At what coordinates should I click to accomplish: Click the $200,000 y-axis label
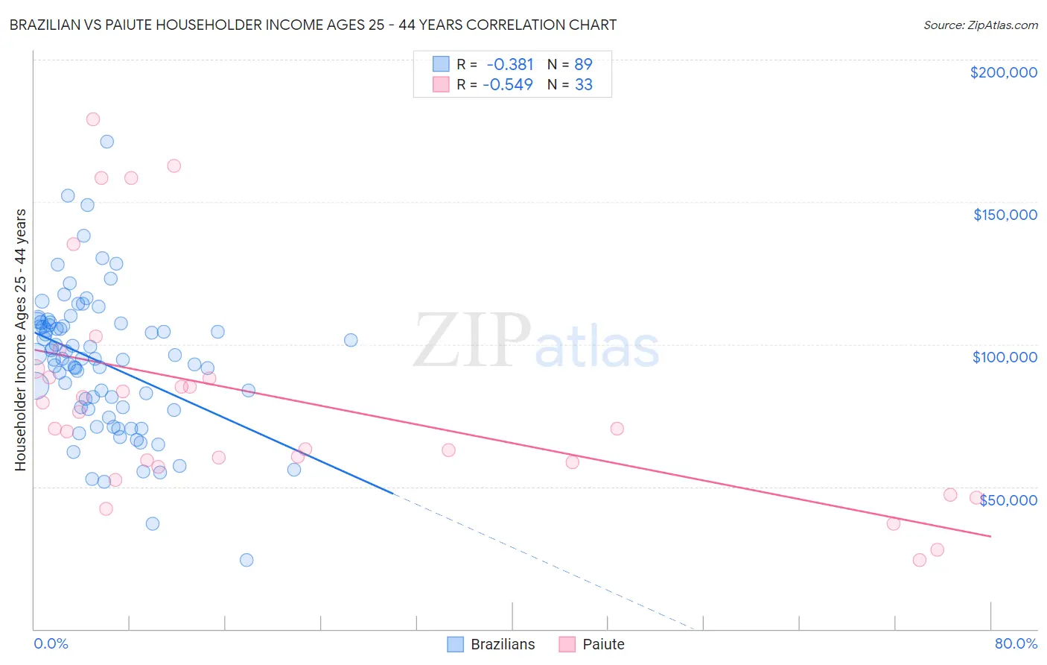tap(1003, 72)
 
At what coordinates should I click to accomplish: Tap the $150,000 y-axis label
tap(1005, 215)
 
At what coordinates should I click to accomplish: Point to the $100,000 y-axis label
tap(1005, 357)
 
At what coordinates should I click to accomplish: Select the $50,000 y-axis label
tap(1008, 499)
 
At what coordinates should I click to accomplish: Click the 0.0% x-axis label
tap(51, 643)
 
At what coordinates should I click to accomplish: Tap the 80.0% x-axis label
tap(1016, 643)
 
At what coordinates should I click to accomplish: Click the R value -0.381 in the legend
tap(509, 64)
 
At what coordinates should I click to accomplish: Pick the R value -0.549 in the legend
tap(508, 84)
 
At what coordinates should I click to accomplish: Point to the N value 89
tap(583, 64)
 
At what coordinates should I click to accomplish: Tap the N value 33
tap(584, 84)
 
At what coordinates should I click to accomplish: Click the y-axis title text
tap(20, 339)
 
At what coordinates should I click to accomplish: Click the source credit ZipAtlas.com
tap(981, 25)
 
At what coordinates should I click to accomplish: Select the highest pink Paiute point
tap(93, 119)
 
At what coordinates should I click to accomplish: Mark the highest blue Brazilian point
tap(107, 142)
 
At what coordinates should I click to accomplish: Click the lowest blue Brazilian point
tap(246, 560)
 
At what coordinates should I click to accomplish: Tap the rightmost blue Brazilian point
tap(351, 340)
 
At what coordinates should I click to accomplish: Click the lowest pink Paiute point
tap(919, 560)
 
